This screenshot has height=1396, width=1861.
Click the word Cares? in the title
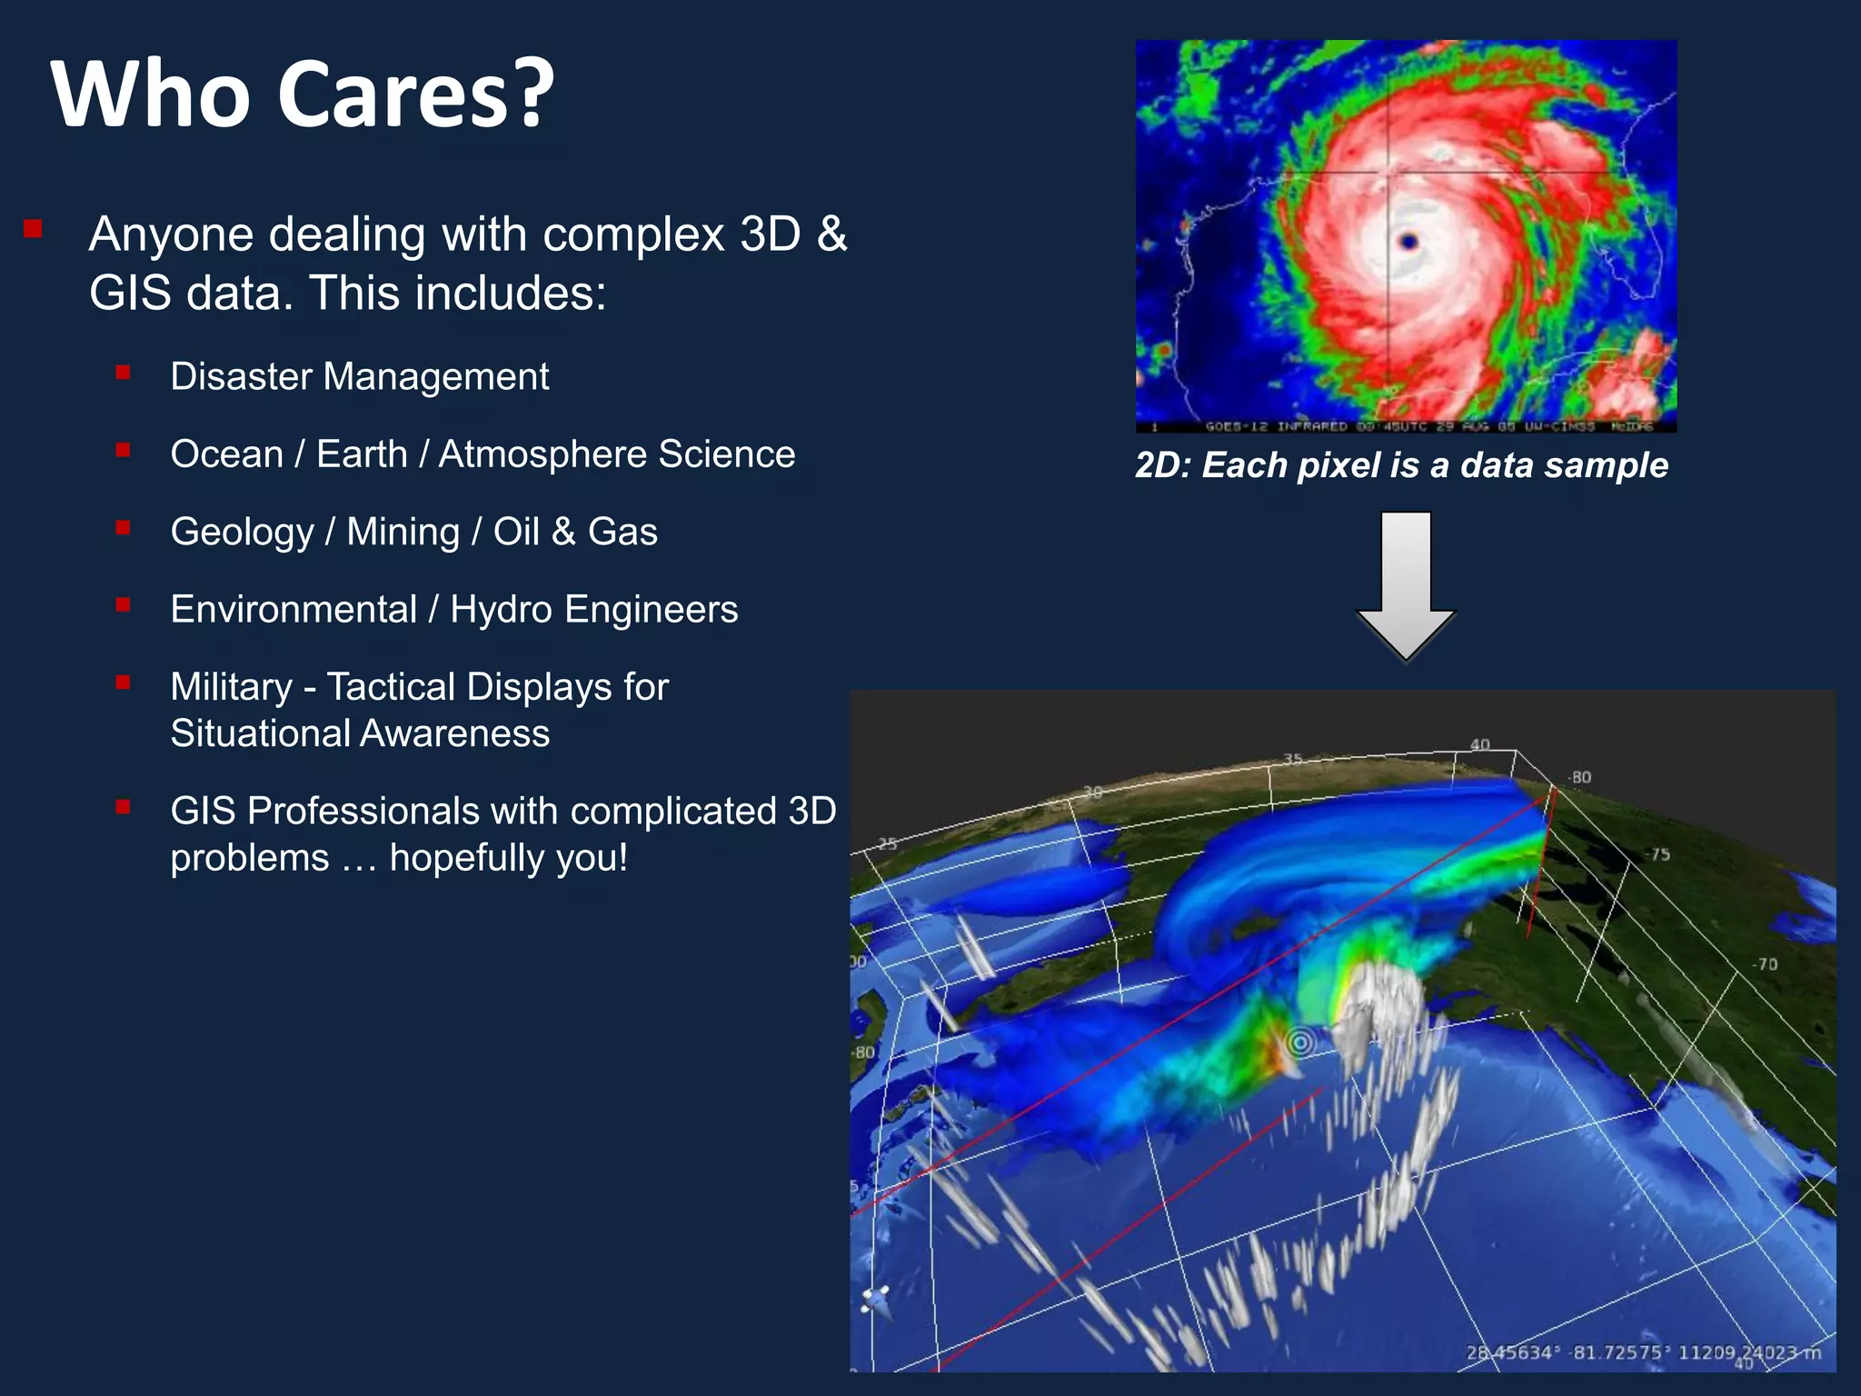414,94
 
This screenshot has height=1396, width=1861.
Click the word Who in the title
151,94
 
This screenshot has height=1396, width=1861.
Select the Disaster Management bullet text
359,376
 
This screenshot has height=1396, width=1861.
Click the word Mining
403,532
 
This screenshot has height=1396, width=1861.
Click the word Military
231,686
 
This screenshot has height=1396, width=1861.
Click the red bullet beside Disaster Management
124,372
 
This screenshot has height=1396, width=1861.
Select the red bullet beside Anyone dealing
34,228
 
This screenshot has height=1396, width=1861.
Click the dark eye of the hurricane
1408,242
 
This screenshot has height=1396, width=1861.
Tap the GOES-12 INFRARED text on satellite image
1276,426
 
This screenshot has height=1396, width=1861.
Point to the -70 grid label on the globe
1765,963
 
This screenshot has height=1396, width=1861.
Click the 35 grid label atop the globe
1293,759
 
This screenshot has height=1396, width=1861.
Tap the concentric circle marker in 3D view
1301,1042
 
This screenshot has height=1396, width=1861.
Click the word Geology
242,532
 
